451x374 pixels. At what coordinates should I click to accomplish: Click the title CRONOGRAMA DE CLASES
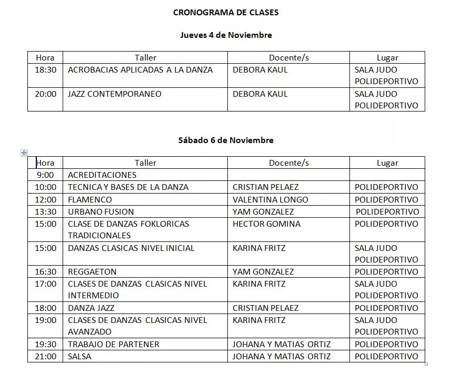pyautogui.click(x=226, y=13)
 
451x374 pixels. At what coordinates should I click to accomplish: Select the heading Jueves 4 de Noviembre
pyautogui.click(x=226, y=35)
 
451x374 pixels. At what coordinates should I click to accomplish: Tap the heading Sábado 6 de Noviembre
pyautogui.click(x=226, y=140)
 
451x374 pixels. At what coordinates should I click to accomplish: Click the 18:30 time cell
pyautogui.click(x=45, y=69)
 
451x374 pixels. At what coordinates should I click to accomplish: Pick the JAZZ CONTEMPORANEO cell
pyautogui.click(x=115, y=94)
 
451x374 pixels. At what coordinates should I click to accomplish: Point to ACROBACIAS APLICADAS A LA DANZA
pyautogui.click(x=140, y=69)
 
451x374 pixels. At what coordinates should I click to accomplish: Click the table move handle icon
pyautogui.click(x=24, y=153)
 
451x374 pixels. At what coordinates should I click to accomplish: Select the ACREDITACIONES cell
pyautogui.click(x=102, y=175)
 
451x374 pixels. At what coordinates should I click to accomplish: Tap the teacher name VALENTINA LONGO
pyautogui.click(x=270, y=199)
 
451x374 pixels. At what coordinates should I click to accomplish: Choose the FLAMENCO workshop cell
pyautogui.click(x=90, y=199)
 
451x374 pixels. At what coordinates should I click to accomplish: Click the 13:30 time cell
pyautogui.click(x=45, y=211)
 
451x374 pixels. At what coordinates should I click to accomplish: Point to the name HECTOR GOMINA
pyautogui.click(x=267, y=224)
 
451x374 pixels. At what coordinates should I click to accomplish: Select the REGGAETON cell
pyautogui.click(x=92, y=272)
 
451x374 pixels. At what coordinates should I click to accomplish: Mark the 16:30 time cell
pyautogui.click(x=45, y=272)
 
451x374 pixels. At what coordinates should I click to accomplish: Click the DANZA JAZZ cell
pyautogui.click(x=91, y=308)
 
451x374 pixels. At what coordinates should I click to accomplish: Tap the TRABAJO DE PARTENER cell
pyautogui.click(x=114, y=344)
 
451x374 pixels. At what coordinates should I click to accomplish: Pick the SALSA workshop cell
pyautogui.click(x=79, y=356)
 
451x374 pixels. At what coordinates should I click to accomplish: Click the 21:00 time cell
pyautogui.click(x=45, y=356)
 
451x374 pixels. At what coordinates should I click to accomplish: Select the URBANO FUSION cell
pyautogui.click(x=101, y=211)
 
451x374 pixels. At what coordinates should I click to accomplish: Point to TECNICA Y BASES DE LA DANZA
pyautogui.click(x=128, y=187)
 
